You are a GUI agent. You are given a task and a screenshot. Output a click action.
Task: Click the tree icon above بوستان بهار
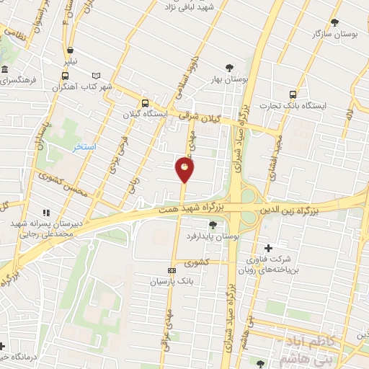pos(229,68)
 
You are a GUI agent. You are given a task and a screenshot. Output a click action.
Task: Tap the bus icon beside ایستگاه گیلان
pos(145,103)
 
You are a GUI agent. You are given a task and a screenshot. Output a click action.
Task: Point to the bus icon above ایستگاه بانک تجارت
pos(293,94)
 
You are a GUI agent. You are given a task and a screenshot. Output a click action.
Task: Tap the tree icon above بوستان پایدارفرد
pos(213,225)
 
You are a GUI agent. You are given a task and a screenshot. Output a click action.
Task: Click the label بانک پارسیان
pos(169,281)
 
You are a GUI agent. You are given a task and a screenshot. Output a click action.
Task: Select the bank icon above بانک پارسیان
pos(171,271)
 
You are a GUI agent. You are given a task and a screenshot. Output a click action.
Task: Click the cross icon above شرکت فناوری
pos(269,248)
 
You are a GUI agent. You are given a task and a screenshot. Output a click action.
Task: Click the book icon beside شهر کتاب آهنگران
pos(96,75)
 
